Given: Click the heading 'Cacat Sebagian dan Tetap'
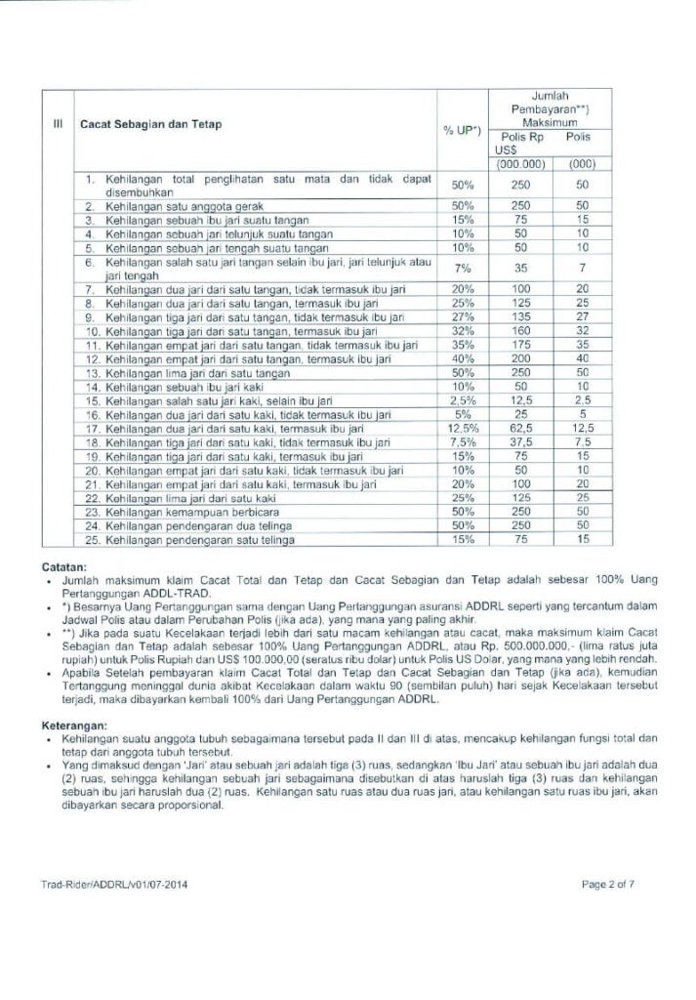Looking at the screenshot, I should pos(149,124).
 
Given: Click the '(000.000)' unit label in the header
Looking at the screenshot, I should pos(520,164).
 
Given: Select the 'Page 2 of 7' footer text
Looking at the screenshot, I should pos(607,885).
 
